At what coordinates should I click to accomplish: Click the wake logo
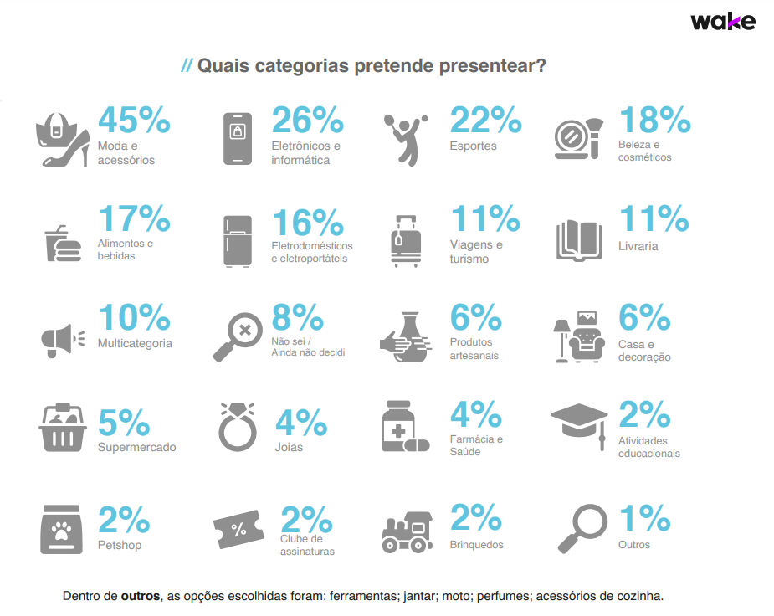pyautogui.click(x=722, y=22)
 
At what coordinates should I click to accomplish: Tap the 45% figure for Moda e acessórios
pyautogui.click(x=135, y=121)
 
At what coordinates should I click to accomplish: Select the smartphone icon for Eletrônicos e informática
pyautogui.click(x=237, y=138)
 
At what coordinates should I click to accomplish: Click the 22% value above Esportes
pyautogui.click(x=486, y=121)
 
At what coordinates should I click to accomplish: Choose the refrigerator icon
pyautogui.click(x=238, y=241)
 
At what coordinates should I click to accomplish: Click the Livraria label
pyautogui.click(x=638, y=246)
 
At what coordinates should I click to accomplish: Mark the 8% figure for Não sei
pyautogui.click(x=298, y=318)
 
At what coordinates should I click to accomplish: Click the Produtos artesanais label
pyautogui.click(x=474, y=348)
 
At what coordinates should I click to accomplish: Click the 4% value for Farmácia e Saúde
pyautogui.click(x=475, y=414)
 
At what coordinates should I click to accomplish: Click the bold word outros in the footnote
pyautogui.click(x=140, y=596)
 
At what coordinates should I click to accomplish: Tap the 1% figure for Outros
pyautogui.click(x=644, y=519)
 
